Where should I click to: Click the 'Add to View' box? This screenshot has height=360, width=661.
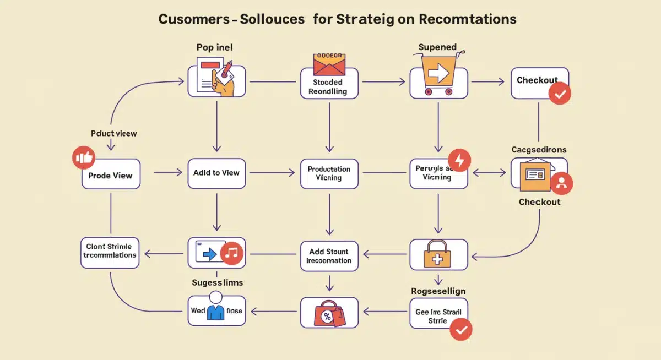pyautogui.click(x=216, y=173)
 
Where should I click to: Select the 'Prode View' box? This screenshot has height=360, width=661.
pyautogui.click(x=110, y=175)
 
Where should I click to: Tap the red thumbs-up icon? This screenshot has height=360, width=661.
pyautogui.click(x=84, y=157)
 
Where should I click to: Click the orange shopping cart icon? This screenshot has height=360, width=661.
pyautogui.click(x=438, y=75)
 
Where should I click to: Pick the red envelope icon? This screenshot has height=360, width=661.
pyautogui.click(x=328, y=64)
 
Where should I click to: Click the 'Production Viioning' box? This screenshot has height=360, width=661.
pyautogui.click(x=329, y=173)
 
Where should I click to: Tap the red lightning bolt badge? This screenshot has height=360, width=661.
pyautogui.click(x=460, y=160)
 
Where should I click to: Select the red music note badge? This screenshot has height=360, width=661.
pyautogui.click(x=232, y=253)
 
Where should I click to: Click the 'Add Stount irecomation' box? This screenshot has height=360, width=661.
pyautogui.click(x=329, y=256)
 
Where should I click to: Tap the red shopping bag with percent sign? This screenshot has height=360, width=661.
pyautogui.click(x=329, y=314)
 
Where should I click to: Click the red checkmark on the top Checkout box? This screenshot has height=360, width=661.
pyautogui.click(x=560, y=94)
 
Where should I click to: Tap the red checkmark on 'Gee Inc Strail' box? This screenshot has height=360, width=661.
pyautogui.click(x=461, y=329)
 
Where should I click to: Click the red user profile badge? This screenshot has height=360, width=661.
pyautogui.click(x=561, y=183)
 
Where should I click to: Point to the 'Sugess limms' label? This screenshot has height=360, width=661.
pyautogui.click(x=217, y=282)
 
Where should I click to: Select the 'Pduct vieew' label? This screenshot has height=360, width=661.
pyautogui.click(x=113, y=133)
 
